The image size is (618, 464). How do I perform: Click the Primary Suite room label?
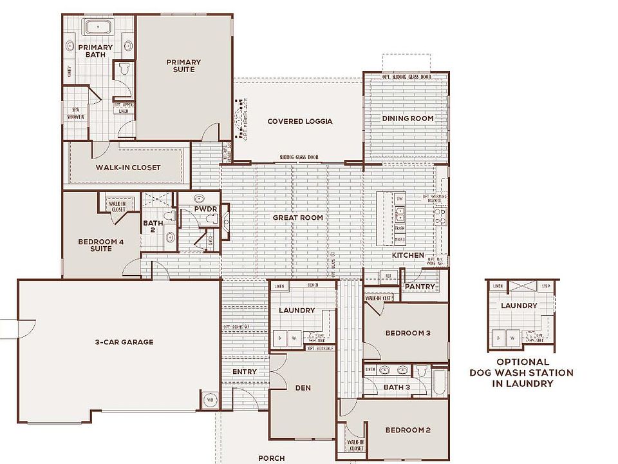[183, 66]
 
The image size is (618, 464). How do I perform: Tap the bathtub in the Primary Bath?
[98, 27]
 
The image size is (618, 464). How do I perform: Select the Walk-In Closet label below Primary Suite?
[128, 168]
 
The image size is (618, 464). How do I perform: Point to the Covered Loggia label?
[299, 121]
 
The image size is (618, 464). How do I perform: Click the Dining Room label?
[407, 119]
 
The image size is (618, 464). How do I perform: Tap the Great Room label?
[297, 218]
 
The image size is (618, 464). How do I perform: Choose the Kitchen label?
[408, 255]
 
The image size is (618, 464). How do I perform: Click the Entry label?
[244, 372]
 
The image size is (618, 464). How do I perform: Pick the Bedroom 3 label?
[407, 333]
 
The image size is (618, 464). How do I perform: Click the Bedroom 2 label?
[407, 430]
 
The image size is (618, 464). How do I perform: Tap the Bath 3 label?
[397, 387]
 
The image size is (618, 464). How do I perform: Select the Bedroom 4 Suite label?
[96, 246]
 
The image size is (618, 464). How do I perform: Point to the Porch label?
[271, 458]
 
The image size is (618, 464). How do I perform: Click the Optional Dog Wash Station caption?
[521, 372]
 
